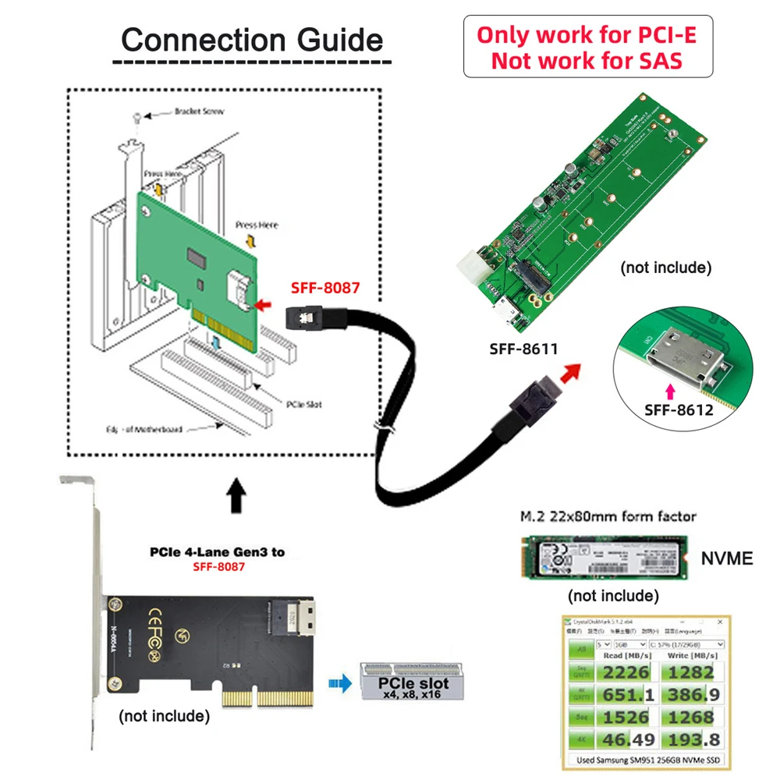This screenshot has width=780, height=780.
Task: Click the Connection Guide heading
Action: pos(252,40)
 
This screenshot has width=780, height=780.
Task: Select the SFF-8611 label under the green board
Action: pos(524,349)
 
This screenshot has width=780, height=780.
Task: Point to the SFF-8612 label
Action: pos(679,409)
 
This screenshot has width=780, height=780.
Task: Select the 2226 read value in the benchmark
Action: pos(627,673)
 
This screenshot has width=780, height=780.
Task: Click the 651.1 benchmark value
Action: pos(627,695)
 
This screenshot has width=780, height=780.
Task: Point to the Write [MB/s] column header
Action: pos(691,656)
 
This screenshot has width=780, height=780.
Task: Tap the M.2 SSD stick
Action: pos(604,555)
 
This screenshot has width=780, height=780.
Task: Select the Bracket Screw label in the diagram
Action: pos(199,112)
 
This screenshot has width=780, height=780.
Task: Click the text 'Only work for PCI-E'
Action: pos(588,35)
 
